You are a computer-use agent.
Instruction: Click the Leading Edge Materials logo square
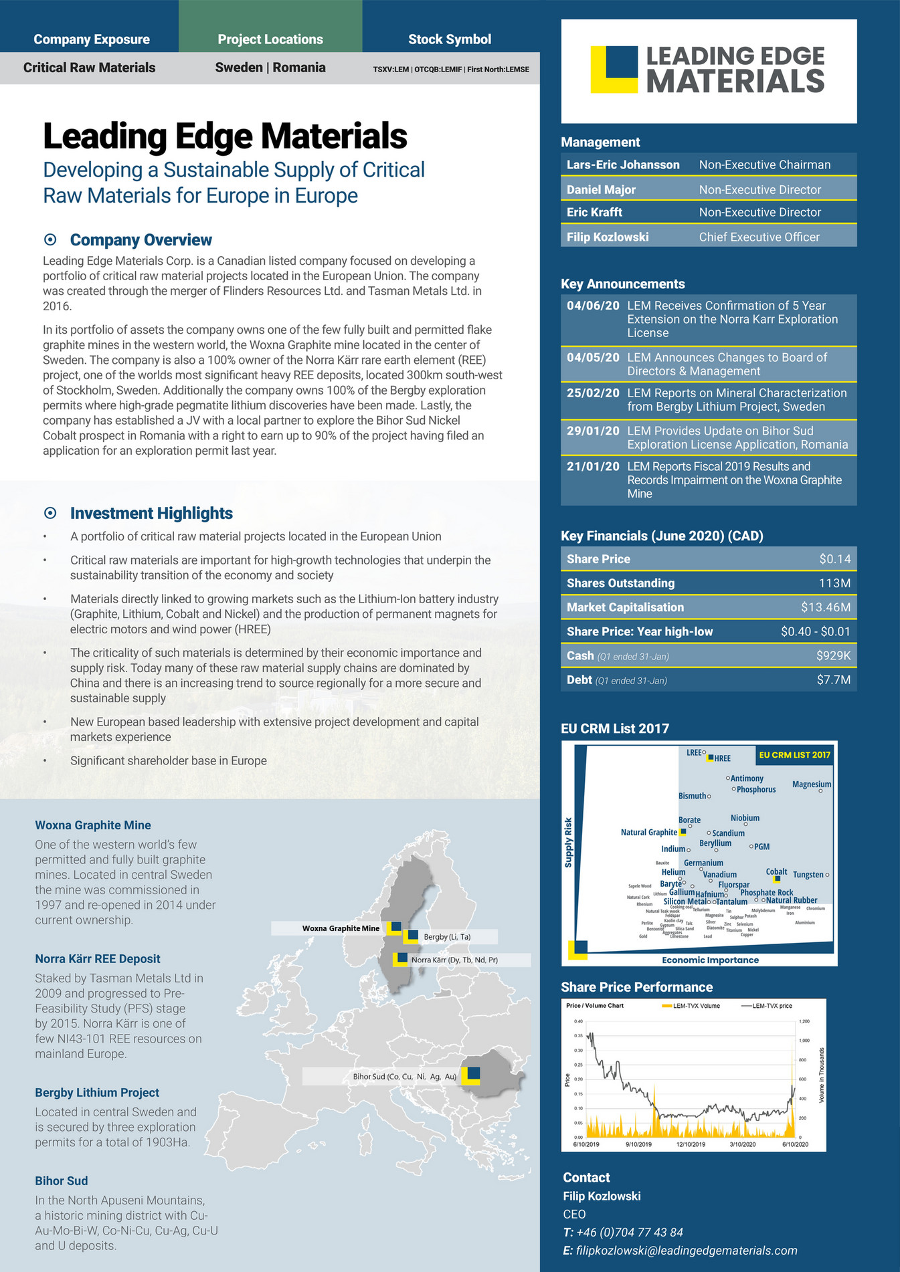614,69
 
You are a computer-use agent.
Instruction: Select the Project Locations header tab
270,39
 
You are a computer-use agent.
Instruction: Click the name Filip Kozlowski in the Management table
608,237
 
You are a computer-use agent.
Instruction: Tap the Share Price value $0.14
834,559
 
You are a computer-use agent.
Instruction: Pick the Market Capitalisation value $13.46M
825,607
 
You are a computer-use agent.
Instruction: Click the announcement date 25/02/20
593,393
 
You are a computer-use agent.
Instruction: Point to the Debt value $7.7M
833,680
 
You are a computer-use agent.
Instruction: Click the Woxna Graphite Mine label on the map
341,928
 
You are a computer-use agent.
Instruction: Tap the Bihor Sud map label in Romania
404,1077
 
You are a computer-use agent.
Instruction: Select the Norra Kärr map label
454,960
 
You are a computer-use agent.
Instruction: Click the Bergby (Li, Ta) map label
447,937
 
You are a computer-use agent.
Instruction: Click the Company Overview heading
141,240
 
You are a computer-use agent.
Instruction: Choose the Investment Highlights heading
151,514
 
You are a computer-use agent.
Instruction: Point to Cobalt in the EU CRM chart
776,872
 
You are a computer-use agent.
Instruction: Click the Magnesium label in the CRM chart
811,784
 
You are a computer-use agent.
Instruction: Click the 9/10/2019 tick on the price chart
638,1144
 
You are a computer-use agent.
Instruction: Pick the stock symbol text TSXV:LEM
391,70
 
